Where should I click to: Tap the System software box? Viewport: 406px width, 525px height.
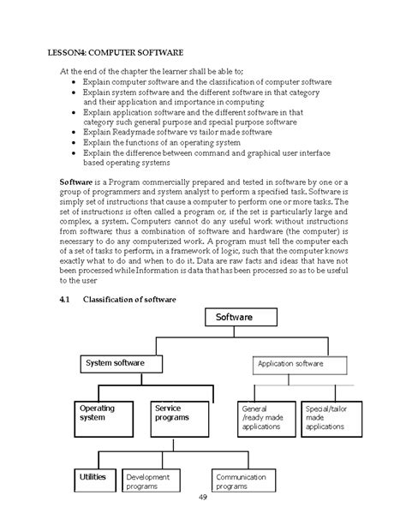124,364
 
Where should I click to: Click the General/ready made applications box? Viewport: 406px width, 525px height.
262,418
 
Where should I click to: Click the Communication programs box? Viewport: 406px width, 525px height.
246,481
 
